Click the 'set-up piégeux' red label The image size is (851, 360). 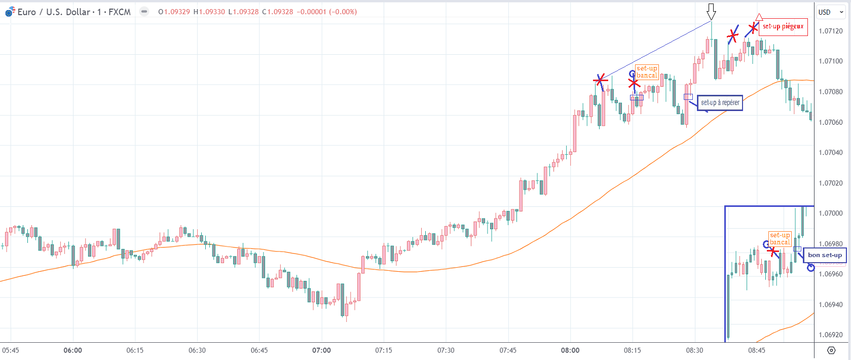tap(783, 26)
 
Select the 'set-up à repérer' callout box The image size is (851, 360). tap(720, 103)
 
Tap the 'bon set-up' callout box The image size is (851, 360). tap(825, 255)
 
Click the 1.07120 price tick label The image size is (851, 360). tap(831, 31)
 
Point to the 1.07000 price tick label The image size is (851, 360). tap(831, 213)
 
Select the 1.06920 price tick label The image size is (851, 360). tap(831, 335)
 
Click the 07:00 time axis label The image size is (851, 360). tap(321, 350)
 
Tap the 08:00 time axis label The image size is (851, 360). tap(570, 350)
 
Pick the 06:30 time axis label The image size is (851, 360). tap(197, 350)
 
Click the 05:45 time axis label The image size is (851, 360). tap(11, 350)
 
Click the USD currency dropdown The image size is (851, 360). tap(830, 12)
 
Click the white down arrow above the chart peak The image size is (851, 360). tap(711, 11)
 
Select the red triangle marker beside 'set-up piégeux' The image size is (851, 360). tap(759, 17)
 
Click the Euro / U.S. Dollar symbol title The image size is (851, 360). tap(74, 12)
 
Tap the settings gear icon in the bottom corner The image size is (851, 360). tap(831, 350)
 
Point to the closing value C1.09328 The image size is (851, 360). tap(277, 12)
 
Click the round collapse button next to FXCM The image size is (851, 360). tap(144, 12)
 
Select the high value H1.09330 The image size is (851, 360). tap(209, 12)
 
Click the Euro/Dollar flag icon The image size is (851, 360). tap(10, 12)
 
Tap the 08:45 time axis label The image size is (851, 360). tap(757, 350)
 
